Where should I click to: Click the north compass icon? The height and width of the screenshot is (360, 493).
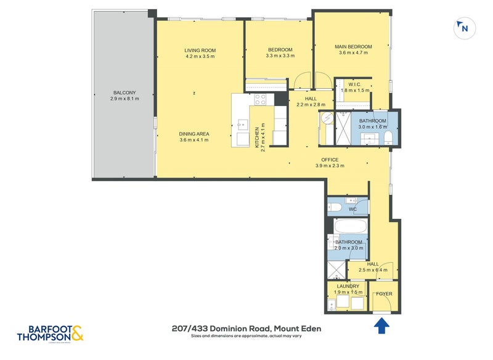pyautogui.click(x=463, y=28)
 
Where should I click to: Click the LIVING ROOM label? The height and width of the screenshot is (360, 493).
pyautogui.click(x=200, y=50)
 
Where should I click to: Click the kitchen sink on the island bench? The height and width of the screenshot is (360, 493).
pyautogui.click(x=241, y=128)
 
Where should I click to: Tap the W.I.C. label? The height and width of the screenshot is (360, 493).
pyautogui.click(x=354, y=84)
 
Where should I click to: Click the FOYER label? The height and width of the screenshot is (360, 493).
pyautogui.click(x=385, y=293)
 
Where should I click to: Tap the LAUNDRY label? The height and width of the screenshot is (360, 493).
pyautogui.click(x=348, y=287)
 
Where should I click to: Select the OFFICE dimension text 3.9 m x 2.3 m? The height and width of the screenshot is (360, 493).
pyautogui.click(x=330, y=166)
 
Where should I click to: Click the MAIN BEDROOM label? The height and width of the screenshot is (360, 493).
pyautogui.click(x=353, y=46)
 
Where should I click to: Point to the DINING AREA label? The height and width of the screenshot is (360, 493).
pyautogui.click(x=194, y=134)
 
